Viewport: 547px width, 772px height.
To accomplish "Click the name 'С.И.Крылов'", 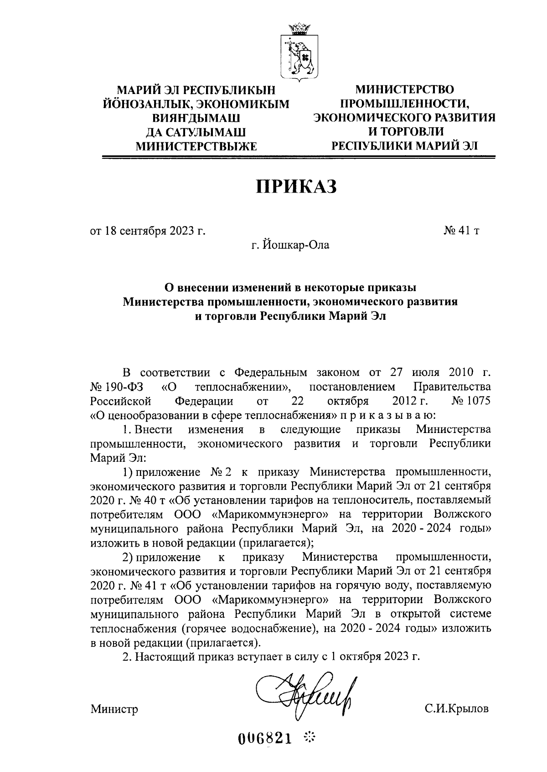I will [456, 709].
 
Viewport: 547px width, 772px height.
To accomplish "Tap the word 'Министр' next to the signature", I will [114, 709].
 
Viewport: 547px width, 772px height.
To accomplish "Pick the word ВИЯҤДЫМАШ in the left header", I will [196, 119].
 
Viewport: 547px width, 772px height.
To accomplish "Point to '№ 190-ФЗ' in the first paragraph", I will [117, 387].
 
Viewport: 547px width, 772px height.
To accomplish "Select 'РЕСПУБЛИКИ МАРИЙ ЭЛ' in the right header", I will [405, 146].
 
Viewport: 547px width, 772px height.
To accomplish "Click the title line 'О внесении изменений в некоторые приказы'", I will [290, 288].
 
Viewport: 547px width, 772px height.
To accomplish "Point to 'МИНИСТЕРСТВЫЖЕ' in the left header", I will [197, 146].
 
